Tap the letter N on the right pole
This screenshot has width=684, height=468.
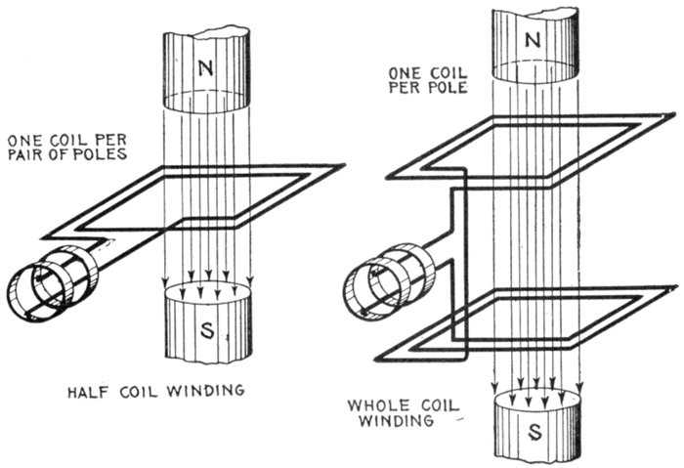click(533, 41)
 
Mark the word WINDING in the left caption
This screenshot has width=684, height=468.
click(207, 394)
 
